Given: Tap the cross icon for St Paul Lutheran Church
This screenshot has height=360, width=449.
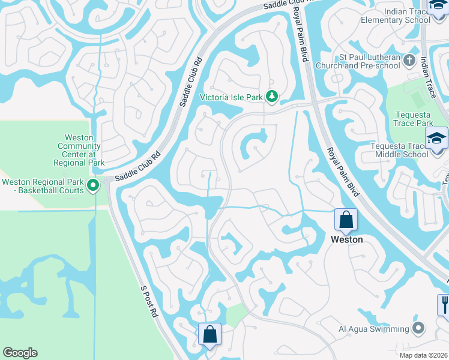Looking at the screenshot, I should pyautogui.click(x=409, y=60).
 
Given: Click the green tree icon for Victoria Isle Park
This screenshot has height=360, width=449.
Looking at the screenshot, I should pyautogui.click(x=272, y=96).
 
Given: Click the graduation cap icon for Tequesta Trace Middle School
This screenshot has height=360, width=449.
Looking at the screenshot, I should pyautogui.click(x=436, y=137).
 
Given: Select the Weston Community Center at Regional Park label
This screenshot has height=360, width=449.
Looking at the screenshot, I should pyautogui.click(x=79, y=150).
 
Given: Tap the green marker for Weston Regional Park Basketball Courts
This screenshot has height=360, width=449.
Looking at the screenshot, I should pyautogui.click(x=93, y=186).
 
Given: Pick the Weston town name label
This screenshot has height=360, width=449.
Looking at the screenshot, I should pyautogui.click(x=347, y=239).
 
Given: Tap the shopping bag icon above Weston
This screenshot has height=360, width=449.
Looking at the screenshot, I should pyautogui.click(x=346, y=220).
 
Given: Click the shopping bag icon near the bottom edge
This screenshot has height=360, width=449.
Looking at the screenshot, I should pyautogui.click(x=209, y=334).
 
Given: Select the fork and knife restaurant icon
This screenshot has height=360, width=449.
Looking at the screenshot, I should pyautogui.click(x=444, y=304).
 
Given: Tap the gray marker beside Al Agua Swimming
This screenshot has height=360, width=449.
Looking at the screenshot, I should pyautogui.click(x=418, y=328).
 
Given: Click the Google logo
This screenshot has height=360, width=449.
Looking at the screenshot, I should pyautogui.click(x=20, y=353).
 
